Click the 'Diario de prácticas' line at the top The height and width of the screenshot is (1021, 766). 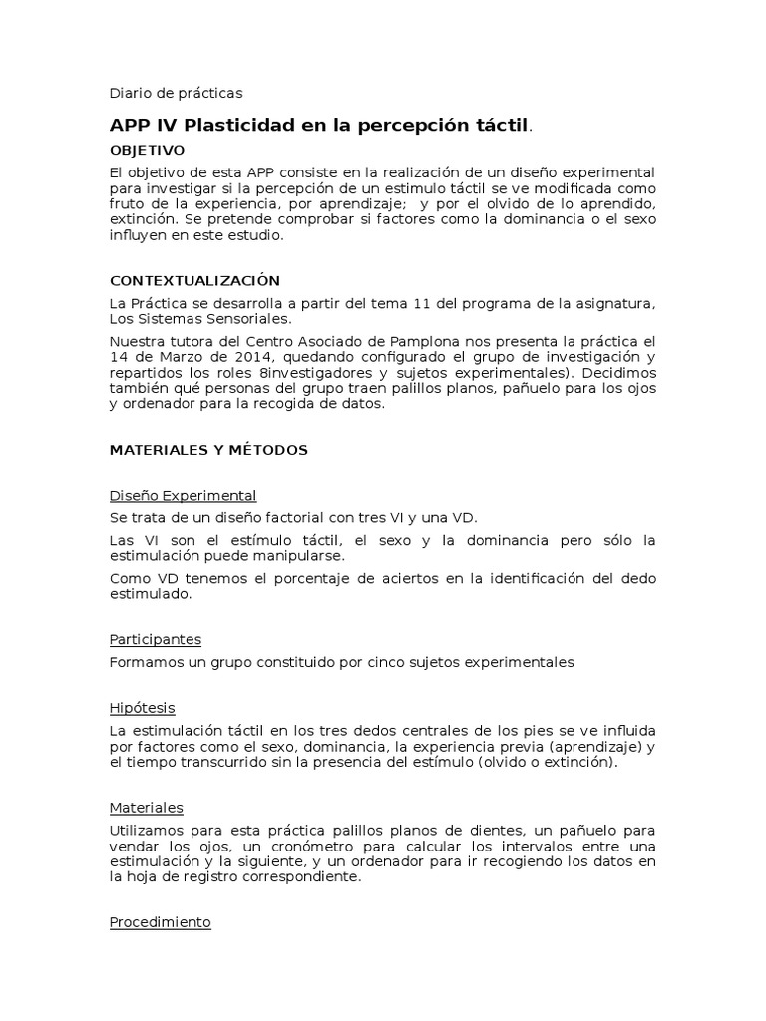176,93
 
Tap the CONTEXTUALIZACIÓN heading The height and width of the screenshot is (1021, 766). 194,281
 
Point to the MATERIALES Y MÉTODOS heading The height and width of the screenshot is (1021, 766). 208,450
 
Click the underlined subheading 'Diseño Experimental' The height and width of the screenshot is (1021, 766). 183,495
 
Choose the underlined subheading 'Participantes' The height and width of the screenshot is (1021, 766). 155,639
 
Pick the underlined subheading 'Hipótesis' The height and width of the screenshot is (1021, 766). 142,708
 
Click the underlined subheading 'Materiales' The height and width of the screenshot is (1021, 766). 146,808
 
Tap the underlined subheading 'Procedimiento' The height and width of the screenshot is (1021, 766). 160,922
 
